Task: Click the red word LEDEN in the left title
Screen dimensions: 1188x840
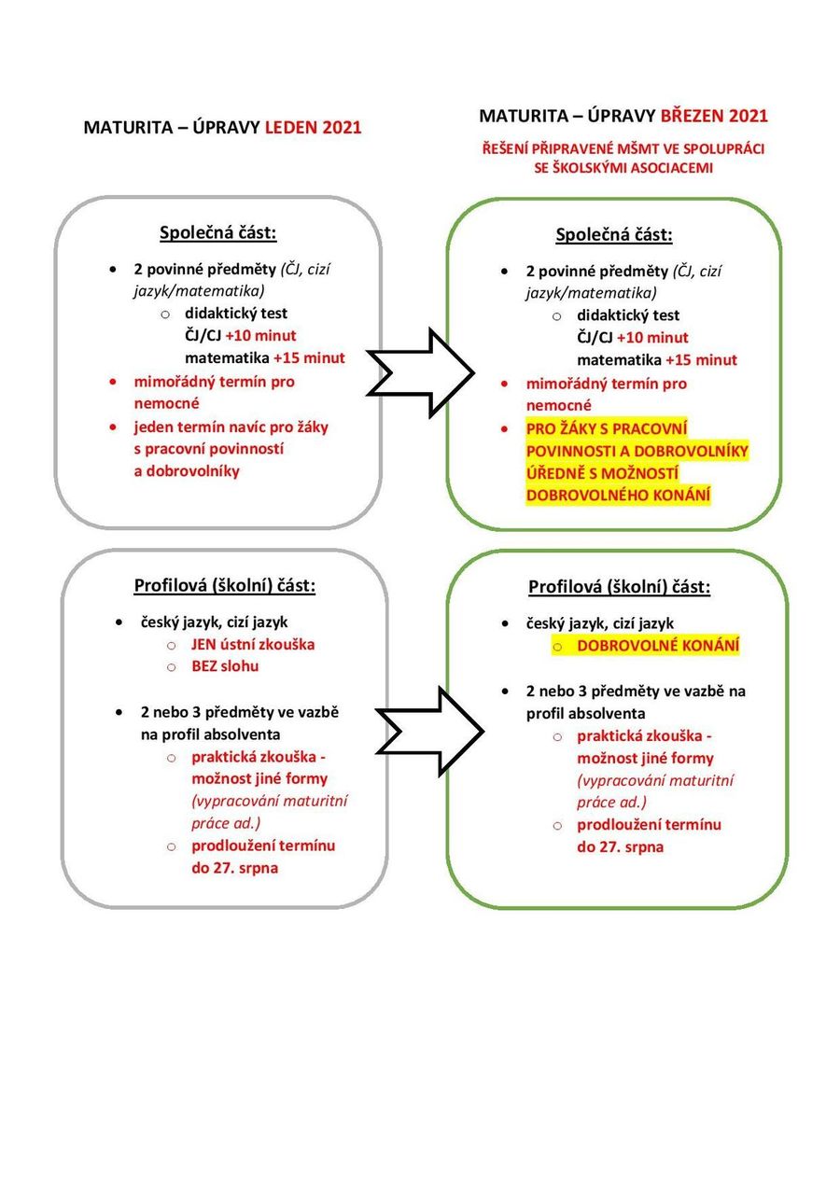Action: (x=292, y=128)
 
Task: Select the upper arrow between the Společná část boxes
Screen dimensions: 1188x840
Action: (x=421, y=371)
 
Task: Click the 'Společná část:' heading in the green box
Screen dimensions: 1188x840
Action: (x=614, y=234)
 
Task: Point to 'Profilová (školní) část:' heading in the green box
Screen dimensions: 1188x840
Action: (x=620, y=587)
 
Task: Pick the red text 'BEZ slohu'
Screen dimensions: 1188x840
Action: (x=225, y=666)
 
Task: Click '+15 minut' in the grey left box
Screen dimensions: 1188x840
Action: (x=309, y=357)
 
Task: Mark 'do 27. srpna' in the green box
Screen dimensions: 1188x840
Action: (x=620, y=847)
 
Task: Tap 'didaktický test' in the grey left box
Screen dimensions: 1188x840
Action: (x=236, y=313)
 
